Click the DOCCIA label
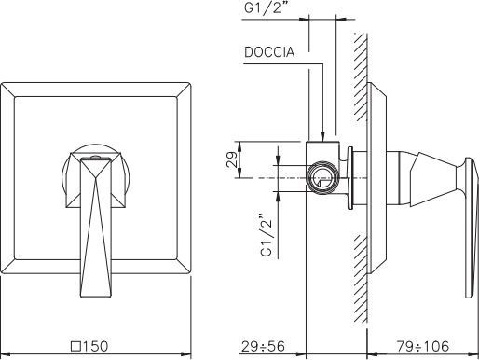point(269,52)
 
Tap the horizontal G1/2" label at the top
point(267,7)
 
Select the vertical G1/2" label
point(267,235)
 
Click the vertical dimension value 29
point(233,159)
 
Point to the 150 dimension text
point(95,346)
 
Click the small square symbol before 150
point(76,346)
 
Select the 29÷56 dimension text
point(263,346)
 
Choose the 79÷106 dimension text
point(423,346)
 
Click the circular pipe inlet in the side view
point(322,178)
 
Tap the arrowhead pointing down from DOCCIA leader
point(322,136)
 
